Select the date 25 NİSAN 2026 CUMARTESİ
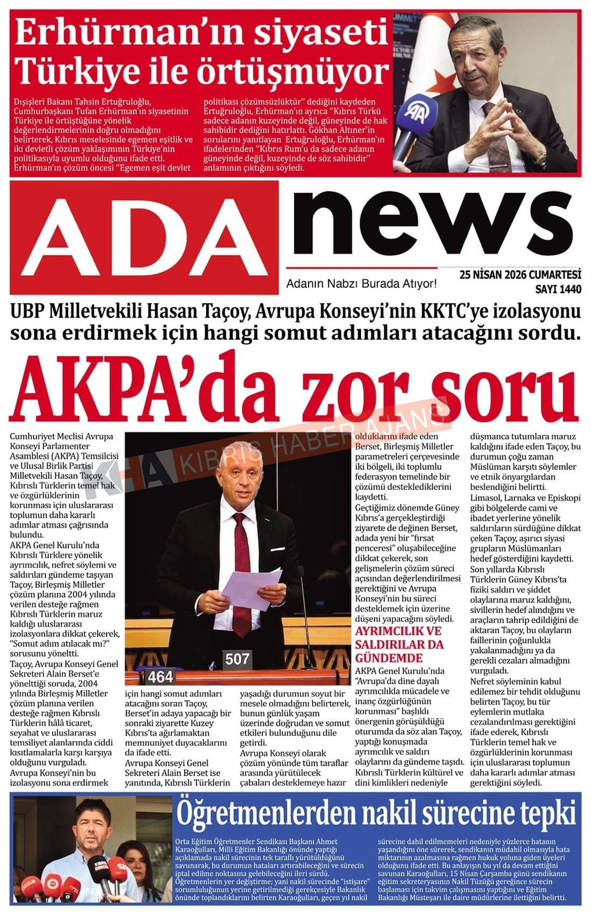(520, 275)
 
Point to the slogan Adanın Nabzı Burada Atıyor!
(361, 284)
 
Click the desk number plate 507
(237, 658)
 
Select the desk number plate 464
(160, 676)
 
